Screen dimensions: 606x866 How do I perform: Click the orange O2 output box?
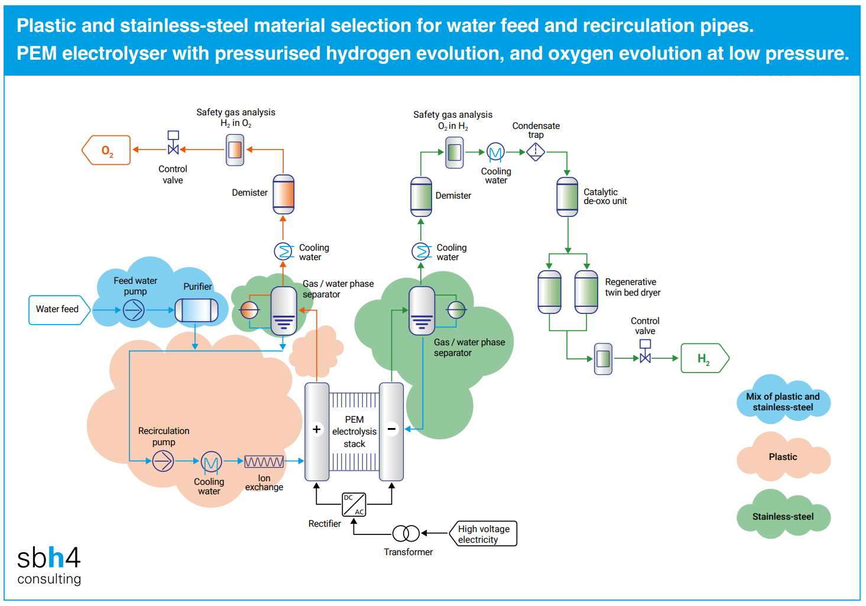(x=106, y=150)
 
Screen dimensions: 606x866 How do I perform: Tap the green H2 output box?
(x=704, y=358)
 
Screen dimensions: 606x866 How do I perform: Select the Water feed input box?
(x=58, y=310)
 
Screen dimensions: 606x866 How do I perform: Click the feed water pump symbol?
(x=134, y=310)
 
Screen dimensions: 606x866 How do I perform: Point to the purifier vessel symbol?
(x=196, y=310)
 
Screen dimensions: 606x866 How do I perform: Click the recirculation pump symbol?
(x=163, y=461)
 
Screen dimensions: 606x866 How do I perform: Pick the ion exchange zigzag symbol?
(x=264, y=462)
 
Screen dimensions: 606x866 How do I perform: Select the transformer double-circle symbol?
(x=406, y=533)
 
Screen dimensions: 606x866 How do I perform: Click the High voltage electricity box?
(x=484, y=534)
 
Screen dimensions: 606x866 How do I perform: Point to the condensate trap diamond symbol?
(x=536, y=152)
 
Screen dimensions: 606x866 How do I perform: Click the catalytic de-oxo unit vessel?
(x=567, y=197)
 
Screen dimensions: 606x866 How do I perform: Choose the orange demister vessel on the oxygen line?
(x=283, y=195)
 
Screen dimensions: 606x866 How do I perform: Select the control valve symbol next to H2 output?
(x=646, y=356)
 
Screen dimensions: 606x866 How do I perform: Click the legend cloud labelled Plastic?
(x=783, y=457)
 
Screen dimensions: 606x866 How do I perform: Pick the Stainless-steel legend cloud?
(x=783, y=516)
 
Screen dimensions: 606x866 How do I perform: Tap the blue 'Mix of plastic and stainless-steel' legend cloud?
(x=783, y=401)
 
